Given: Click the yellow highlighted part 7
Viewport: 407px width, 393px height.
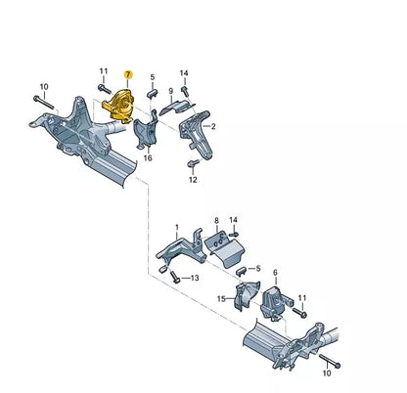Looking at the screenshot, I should coord(119,102).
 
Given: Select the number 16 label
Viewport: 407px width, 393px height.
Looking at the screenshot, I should coord(148,156).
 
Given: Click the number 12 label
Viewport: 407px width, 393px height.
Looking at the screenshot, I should coord(193,181).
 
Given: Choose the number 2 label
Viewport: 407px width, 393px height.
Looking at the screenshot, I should coord(214,127).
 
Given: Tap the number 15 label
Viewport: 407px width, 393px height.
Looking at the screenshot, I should coord(222,298).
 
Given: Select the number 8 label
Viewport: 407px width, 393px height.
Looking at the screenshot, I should coord(216,222).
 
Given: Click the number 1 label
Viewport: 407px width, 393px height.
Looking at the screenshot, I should coord(176,227).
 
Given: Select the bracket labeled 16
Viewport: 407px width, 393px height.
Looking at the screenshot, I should coord(148,132).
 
